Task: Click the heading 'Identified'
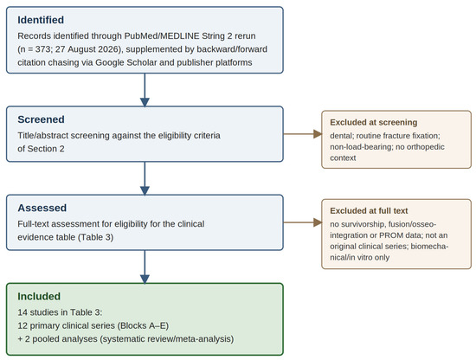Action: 41,20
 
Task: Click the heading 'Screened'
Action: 41,119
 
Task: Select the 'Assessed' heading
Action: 42,208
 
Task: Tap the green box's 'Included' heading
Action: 39,296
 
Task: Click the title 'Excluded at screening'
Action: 374,122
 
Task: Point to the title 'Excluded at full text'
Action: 369,210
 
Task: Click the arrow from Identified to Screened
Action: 145,90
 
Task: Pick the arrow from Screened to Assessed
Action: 145,178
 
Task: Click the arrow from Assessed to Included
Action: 145,267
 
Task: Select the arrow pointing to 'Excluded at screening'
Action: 303,134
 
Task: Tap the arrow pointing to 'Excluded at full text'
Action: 303,222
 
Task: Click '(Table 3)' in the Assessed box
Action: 95,237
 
